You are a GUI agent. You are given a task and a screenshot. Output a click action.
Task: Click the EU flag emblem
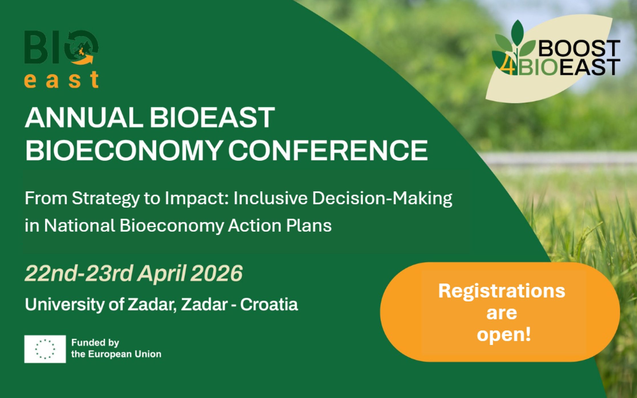pyautogui.click(x=45, y=349)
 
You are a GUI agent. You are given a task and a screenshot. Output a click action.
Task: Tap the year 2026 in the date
pyautogui.click(x=216, y=273)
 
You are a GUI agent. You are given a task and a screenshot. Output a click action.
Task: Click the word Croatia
pyautogui.click(x=269, y=304)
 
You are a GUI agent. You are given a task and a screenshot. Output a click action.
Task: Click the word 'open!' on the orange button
pyautogui.click(x=504, y=334)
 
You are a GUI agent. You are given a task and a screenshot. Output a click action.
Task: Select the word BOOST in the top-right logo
pyautogui.click(x=579, y=48)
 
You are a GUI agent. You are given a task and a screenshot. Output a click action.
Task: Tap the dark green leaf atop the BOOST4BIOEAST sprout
pyautogui.click(x=517, y=32)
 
